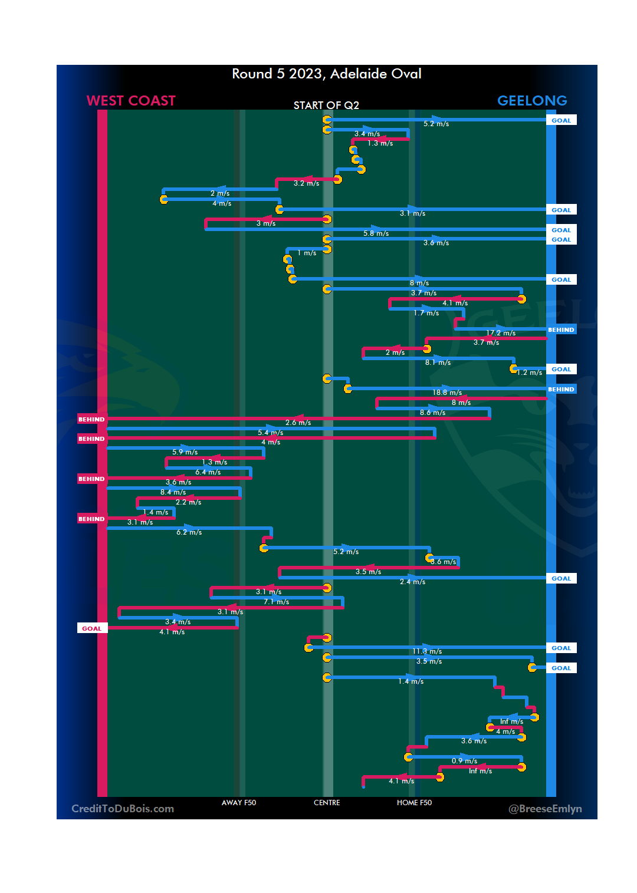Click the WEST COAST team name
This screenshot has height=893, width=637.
(131, 101)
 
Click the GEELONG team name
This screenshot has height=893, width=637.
(532, 101)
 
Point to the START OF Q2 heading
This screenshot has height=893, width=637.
(326, 106)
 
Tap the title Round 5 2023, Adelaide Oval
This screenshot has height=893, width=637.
(326, 74)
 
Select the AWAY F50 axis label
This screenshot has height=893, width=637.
(239, 803)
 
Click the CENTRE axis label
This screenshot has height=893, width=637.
(327, 803)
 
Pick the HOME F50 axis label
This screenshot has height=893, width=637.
(414, 803)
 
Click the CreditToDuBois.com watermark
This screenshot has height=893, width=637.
(123, 809)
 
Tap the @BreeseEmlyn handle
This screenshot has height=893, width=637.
(545, 809)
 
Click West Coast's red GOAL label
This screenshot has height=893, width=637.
(92, 628)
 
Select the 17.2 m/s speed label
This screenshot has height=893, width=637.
(501, 333)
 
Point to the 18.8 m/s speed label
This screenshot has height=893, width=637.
(447, 393)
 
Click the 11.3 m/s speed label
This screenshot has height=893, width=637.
(427, 651)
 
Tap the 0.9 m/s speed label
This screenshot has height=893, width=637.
(464, 761)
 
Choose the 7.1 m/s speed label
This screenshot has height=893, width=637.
(276, 602)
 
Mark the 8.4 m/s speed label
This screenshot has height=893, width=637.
(173, 492)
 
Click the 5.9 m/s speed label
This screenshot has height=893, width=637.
(185, 452)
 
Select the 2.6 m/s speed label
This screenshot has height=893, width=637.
(298, 423)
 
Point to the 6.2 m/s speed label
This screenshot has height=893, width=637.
(189, 532)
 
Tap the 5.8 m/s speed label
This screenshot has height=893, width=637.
(376, 233)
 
